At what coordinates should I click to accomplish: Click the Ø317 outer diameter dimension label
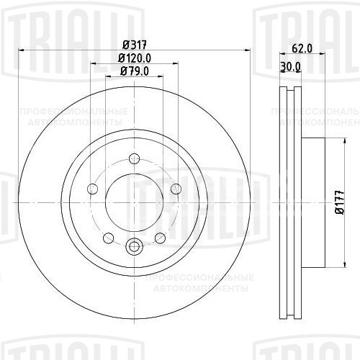[x=133, y=43]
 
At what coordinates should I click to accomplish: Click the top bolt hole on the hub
[x=134, y=160]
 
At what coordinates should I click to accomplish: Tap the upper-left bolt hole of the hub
[x=92, y=189]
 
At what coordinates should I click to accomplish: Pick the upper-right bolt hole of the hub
[x=176, y=189]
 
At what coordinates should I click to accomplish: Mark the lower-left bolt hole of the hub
[x=108, y=238]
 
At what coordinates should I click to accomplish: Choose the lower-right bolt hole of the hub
[x=160, y=238]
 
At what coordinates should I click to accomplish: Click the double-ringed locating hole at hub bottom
[x=134, y=247]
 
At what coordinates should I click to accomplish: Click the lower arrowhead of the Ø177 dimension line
[x=328, y=266]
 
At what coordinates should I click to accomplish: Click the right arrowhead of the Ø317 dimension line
[x=247, y=50]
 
